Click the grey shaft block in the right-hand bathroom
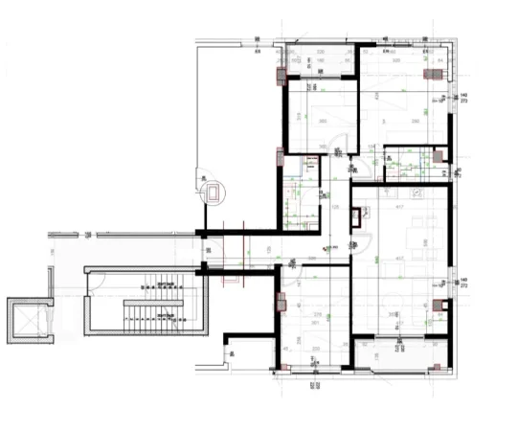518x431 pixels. (438, 156)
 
